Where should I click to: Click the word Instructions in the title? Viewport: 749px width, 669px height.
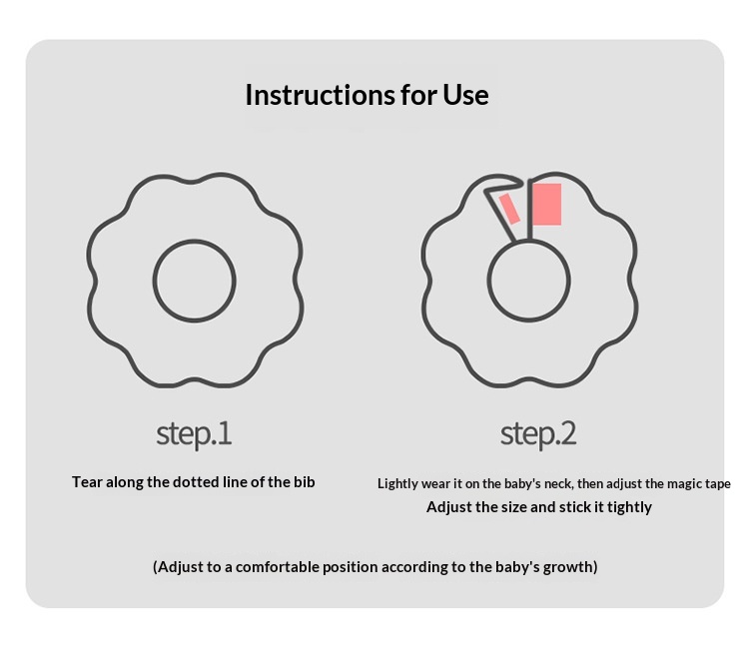click(320, 95)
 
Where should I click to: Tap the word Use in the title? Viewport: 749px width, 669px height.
click(465, 95)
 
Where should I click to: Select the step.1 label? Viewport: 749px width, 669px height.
click(194, 434)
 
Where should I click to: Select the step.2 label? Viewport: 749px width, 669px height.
click(538, 434)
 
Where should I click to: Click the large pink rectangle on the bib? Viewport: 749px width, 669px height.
click(547, 205)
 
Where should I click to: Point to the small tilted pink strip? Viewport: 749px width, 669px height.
click(509, 209)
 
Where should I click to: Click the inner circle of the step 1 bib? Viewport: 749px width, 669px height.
click(195, 241)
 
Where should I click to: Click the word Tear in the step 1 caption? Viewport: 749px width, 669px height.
click(88, 482)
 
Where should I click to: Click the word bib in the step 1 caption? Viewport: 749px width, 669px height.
click(305, 482)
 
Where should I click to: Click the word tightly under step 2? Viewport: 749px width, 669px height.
click(629, 507)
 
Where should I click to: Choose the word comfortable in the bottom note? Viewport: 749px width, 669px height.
click(278, 567)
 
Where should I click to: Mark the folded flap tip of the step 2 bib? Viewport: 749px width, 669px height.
click(520, 181)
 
